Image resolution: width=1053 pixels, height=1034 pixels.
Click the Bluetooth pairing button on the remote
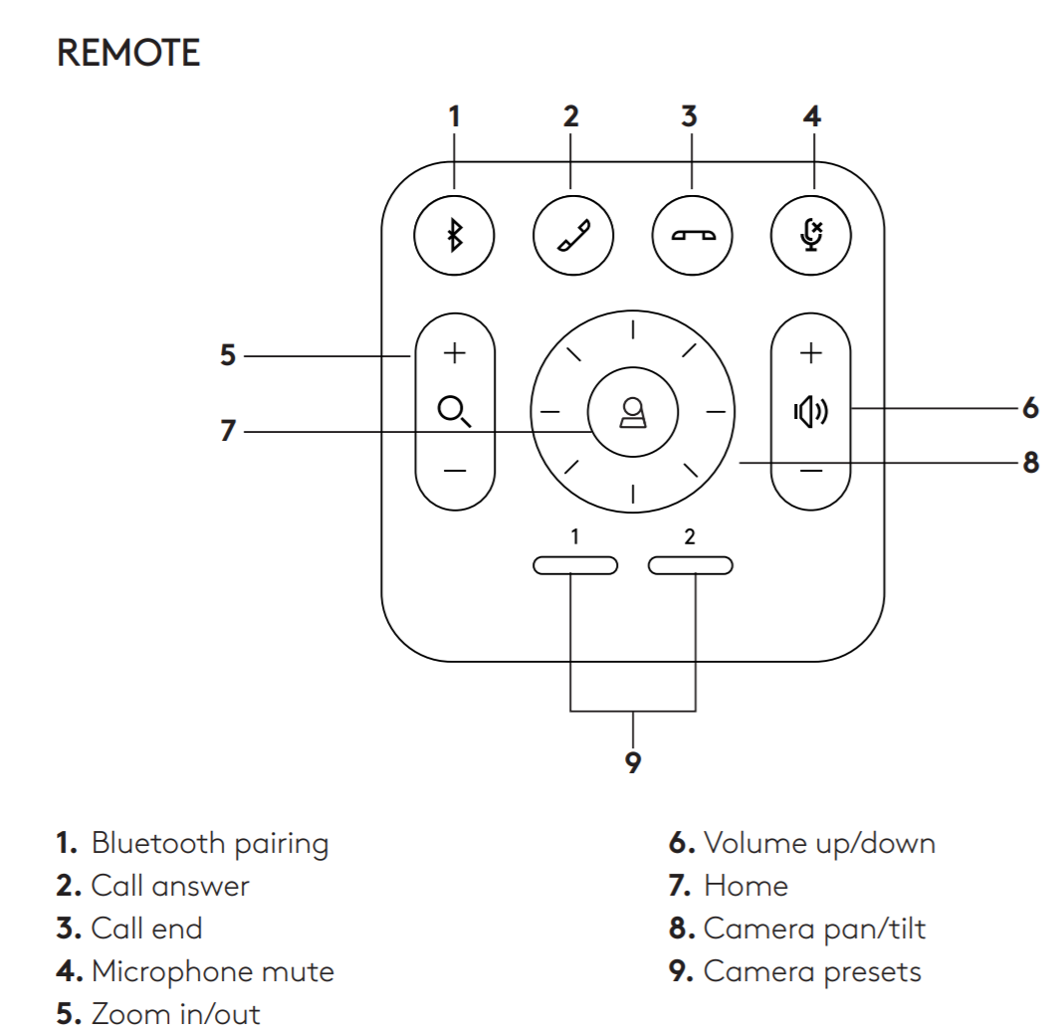pyautogui.click(x=455, y=235)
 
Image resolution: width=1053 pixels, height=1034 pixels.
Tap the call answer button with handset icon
pyautogui.click(x=572, y=236)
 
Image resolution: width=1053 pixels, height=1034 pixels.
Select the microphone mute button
pyautogui.click(x=812, y=236)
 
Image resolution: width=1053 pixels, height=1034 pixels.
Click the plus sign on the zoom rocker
pyautogui.click(x=454, y=352)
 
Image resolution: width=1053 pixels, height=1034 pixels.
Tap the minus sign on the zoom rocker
pyautogui.click(x=454, y=469)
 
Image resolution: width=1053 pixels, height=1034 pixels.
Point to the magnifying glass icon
pyautogui.click(x=454, y=409)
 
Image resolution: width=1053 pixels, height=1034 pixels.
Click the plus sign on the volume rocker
pyautogui.click(x=811, y=352)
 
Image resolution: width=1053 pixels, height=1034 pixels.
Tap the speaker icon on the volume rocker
pyautogui.click(x=811, y=410)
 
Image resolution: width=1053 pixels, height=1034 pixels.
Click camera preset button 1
pyautogui.click(x=574, y=565)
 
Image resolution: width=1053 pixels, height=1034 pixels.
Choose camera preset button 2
pyautogui.click(x=691, y=565)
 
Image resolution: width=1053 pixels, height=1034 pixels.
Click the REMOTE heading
pyautogui.click(x=128, y=53)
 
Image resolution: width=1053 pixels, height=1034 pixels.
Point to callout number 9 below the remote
pyautogui.click(x=633, y=763)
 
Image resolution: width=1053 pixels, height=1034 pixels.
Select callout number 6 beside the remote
pyautogui.click(x=1029, y=407)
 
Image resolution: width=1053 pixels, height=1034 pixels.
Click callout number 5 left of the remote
pyautogui.click(x=229, y=354)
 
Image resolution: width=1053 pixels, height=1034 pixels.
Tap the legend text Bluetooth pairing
pyautogui.click(x=209, y=844)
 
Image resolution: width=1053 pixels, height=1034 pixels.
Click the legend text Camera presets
pyautogui.click(x=812, y=970)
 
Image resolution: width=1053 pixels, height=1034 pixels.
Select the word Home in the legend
pyautogui.click(x=745, y=886)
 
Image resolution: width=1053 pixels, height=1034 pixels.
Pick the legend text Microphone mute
pyautogui.click(x=212, y=970)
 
